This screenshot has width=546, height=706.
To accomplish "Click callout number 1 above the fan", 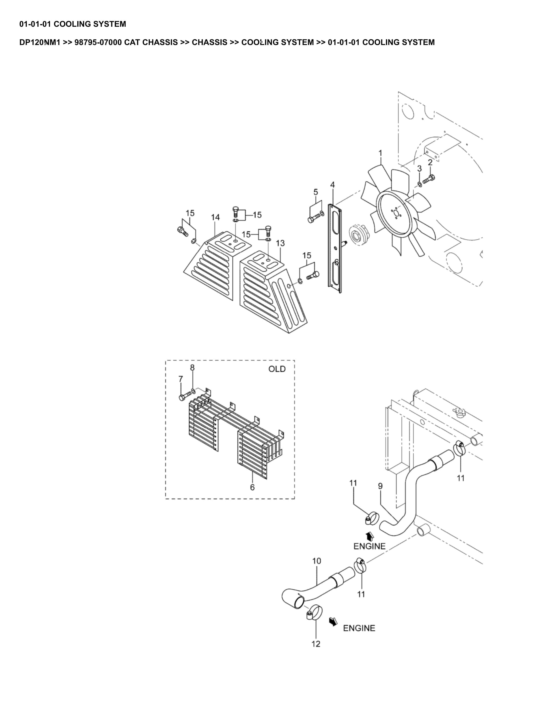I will pos(380,153).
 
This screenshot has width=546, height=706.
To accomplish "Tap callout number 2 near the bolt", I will pos(430,162).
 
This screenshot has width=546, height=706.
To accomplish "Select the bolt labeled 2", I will pos(429,179).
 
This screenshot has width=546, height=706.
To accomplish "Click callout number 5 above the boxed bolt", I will pos(316,192).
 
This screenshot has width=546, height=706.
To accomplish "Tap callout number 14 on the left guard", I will pos(215,217).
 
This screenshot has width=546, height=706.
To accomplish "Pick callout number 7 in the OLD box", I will pos(181,379).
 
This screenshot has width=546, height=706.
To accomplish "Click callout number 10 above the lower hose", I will pos(317,561).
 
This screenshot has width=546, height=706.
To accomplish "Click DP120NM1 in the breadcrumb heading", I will pos(40,42).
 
